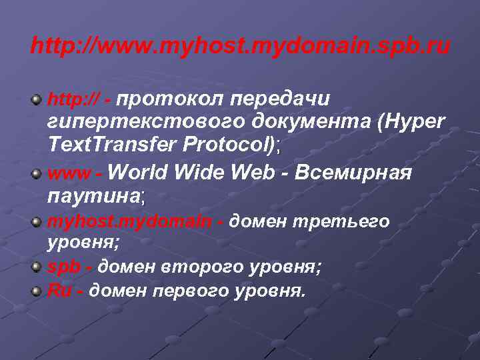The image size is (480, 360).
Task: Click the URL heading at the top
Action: point(240,47)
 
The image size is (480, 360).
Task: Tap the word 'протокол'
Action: point(172,99)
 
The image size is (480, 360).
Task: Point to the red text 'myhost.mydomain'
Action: point(130,221)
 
